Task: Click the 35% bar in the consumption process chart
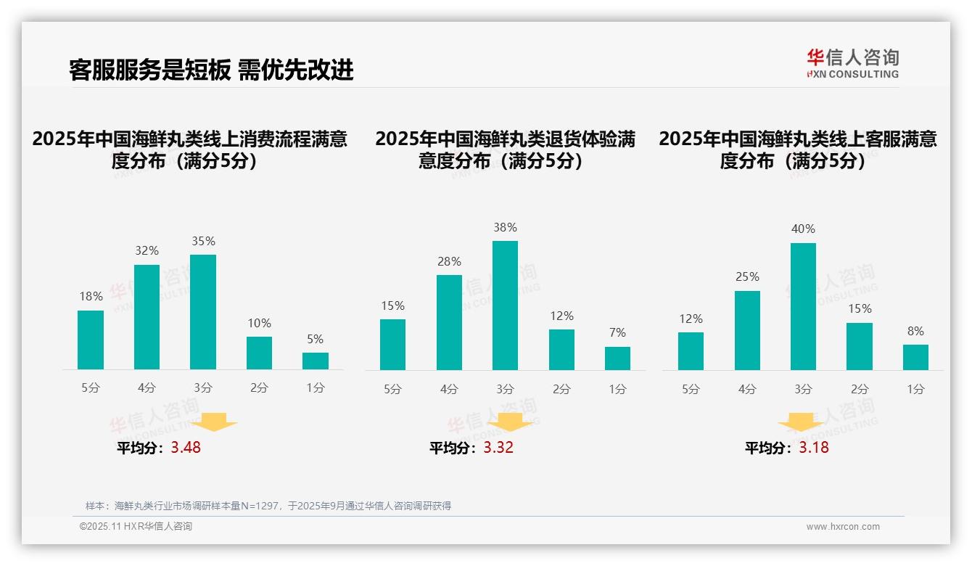click(203, 312)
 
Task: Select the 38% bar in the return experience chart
click(505, 305)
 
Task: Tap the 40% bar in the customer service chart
click(803, 306)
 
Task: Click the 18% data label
click(91, 297)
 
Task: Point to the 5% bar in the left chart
click(316, 361)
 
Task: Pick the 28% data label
click(449, 261)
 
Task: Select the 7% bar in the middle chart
click(617, 358)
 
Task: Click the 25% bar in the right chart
click(747, 330)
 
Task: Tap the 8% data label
click(915, 331)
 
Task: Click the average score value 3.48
click(186, 448)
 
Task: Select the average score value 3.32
click(498, 448)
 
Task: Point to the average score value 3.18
click(814, 448)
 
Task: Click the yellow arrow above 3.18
click(801, 422)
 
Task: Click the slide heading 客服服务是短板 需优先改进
click(211, 70)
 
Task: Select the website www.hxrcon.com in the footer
click(843, 527)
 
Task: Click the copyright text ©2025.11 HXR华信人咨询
click(136, 527)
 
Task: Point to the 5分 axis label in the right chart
click(691, 389)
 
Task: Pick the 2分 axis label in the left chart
click(259, 388)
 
